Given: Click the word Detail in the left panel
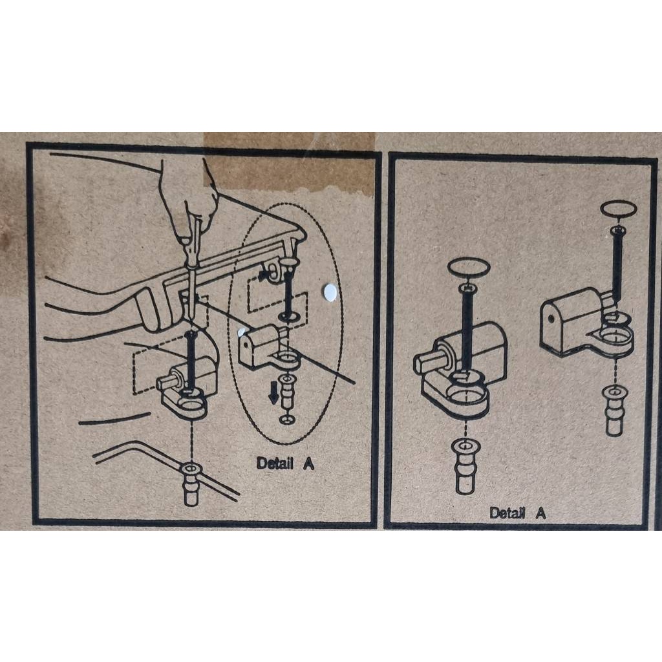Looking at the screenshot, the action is pos(275,463).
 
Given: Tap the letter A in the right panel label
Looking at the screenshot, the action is pos(540,513).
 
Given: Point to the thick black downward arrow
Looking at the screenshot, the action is pos(274,392).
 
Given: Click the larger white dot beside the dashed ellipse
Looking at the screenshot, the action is pos(329,293).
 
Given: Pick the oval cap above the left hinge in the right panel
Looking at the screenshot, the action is pos(469,267).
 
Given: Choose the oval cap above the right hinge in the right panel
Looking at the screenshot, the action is pos(619,209).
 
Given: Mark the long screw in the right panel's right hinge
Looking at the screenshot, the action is pos(617,266).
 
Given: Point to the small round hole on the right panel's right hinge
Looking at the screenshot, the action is pos(550,317).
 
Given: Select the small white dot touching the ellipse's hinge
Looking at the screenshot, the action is pos(242,332).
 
